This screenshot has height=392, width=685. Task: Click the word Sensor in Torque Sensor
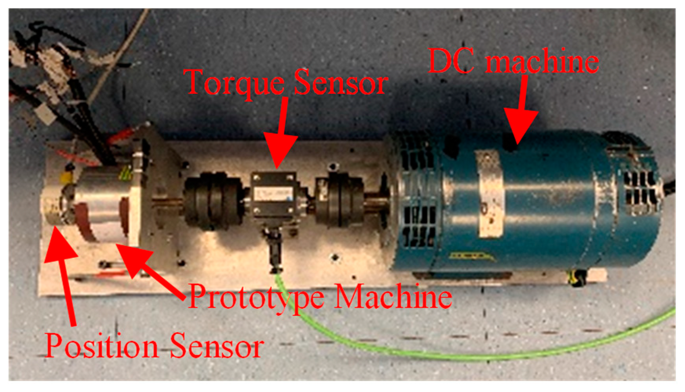point(341,82)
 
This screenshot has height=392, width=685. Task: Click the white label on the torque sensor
point(273,193)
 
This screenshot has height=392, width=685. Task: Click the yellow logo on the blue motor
point(471,257)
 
